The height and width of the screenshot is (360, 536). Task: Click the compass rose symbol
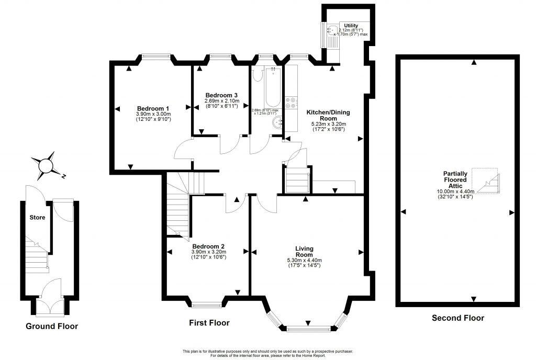point(47,165)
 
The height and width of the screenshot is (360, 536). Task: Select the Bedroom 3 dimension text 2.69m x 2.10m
point(221,100)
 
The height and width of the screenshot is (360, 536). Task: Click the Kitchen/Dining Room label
point(328,115)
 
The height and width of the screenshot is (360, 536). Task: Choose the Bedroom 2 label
point(208,246)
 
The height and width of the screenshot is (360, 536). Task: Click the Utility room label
point(350,25)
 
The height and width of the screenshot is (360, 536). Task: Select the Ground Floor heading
point(52,326)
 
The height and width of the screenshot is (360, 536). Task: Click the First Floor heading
point(209,323)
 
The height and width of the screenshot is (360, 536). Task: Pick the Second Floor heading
point(458,318)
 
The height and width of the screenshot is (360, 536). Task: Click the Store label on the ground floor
point(37,217)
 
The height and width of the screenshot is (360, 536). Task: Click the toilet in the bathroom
point(257,74)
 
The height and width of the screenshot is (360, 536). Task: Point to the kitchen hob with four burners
point(292,103)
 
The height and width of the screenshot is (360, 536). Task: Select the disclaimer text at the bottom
point(267,353)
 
